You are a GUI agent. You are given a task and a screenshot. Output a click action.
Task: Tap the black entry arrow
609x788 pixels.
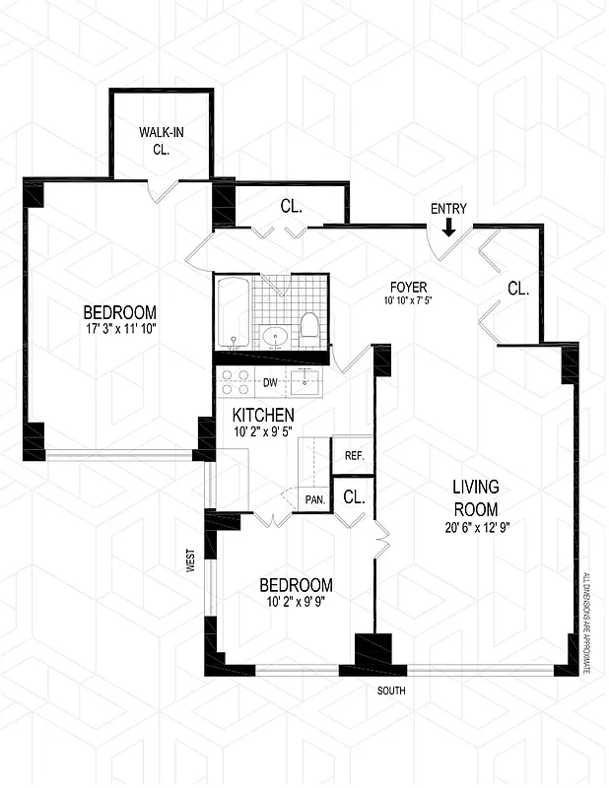[x=449, y=228]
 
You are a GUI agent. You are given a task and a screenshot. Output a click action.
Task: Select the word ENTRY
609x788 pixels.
[x=448, y=209]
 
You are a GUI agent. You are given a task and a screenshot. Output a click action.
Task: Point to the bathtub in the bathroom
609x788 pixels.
[x=233, y=312]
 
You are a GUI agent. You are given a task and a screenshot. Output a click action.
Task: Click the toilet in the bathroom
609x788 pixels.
[x=309, y=327]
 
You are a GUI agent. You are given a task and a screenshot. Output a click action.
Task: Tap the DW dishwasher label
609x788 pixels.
[x=268, y=382]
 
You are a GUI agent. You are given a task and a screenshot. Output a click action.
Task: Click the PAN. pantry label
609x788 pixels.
[x=314, y=500]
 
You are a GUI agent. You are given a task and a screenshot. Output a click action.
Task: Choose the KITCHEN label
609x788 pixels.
[x=264, y=416]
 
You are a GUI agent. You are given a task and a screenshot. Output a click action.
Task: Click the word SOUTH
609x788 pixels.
[x=391, y=690]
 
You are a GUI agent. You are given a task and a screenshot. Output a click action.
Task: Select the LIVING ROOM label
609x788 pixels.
[x=476, y=497]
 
